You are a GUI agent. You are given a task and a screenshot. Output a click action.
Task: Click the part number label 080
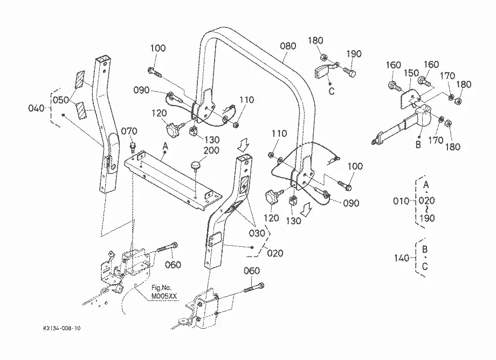288,46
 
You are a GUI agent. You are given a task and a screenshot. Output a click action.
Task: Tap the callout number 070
129,131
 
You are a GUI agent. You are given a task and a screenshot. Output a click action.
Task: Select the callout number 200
211,150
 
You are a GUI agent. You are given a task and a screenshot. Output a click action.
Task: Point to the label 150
411,73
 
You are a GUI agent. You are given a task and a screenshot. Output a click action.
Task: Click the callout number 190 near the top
353,54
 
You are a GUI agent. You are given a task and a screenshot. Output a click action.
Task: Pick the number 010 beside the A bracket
401,200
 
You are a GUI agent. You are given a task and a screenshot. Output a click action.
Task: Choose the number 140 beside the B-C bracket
402,258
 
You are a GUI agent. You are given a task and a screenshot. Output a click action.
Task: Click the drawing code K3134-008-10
61,328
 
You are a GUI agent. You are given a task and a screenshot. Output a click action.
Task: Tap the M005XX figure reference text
164,296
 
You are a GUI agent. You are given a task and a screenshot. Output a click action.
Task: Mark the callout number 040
36,108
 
